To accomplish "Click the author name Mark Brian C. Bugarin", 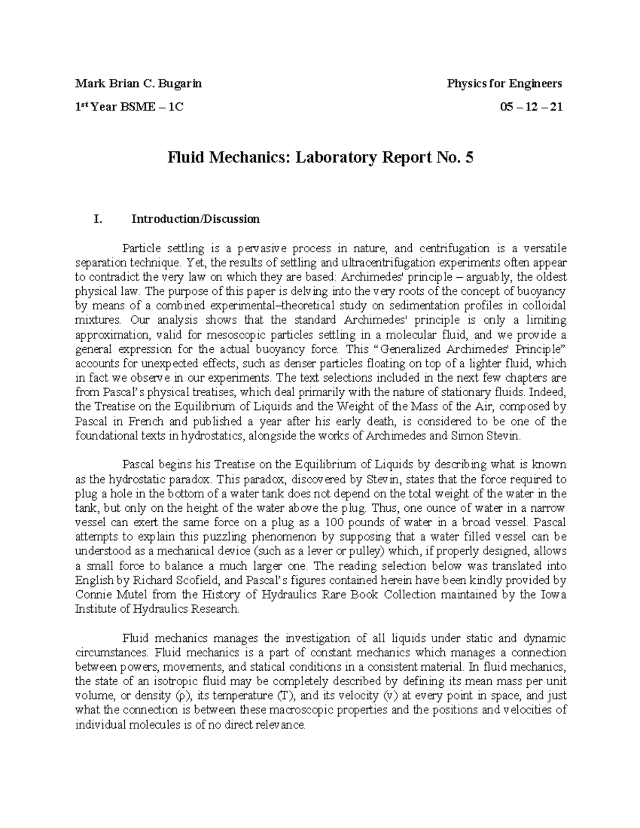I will pos(138,83).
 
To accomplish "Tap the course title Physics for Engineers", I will pos(504,83).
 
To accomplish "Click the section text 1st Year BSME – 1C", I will pos(129,107).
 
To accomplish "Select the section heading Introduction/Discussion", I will pos(196,219).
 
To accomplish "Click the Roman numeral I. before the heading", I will pos(97,219).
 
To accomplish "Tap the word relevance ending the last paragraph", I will pos(282,725).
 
